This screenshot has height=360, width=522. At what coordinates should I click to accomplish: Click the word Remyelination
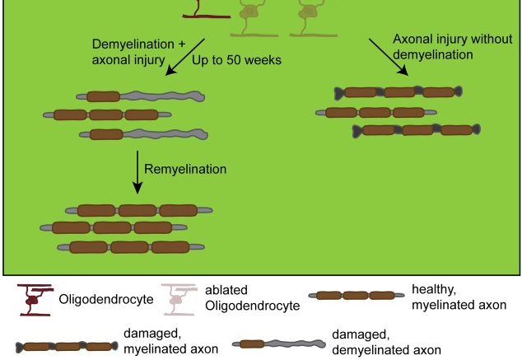[184, 170]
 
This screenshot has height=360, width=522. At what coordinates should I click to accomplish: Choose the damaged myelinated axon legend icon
[66, 347]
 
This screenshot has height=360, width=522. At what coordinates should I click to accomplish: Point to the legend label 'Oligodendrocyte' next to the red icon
[106, 299]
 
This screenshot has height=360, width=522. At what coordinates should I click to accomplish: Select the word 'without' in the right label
[476, 39]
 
